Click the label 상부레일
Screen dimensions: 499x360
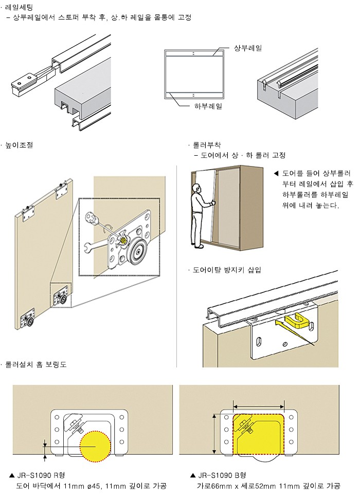click(248, 48)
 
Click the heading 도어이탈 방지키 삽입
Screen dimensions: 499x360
click(226, 269)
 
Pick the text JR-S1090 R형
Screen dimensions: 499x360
click(43, 475)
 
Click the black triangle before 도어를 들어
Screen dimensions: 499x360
click(276, 173)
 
